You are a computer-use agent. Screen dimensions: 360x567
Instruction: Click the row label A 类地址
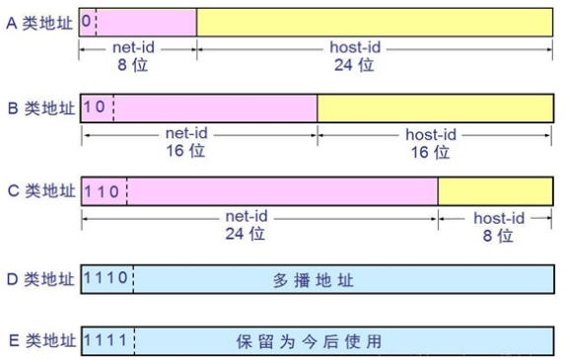(37, 23)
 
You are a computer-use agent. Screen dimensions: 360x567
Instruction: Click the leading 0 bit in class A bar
(88, 21)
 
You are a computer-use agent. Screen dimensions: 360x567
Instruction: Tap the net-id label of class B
(186, 132)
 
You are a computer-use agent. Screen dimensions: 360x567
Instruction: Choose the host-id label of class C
(498, 217)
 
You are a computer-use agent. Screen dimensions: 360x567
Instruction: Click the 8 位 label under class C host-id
(498, 237)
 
